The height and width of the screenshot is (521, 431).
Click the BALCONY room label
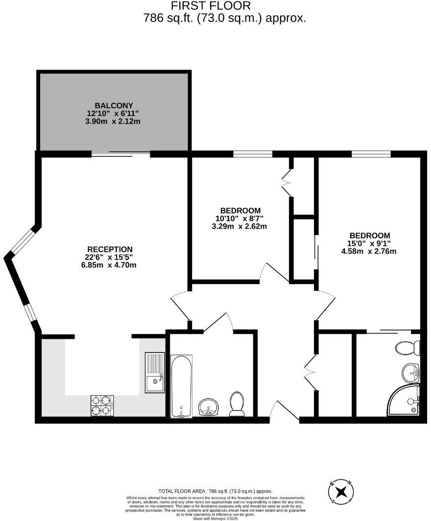[x=114, y=105]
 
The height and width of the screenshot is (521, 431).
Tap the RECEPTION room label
[x=110, y=249]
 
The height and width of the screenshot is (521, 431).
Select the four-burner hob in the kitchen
[x=102, y=405]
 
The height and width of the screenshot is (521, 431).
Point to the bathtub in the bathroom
[x=181, y=386]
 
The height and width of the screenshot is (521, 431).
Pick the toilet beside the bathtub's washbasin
[x=237, y=404]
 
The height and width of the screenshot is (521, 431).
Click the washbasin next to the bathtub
[x=209, y=407]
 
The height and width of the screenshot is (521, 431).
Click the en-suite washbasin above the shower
[x=410, y=373]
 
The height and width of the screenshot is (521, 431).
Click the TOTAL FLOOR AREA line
[x=215, y=491]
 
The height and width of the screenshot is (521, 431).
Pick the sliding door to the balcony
[x=120, y=154]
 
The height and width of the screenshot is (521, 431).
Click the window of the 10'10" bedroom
[x=253, y=154]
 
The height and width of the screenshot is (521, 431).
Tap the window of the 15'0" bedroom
[x=371, y=154]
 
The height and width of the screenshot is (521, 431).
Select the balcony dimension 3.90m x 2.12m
[x=113, y=121]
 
